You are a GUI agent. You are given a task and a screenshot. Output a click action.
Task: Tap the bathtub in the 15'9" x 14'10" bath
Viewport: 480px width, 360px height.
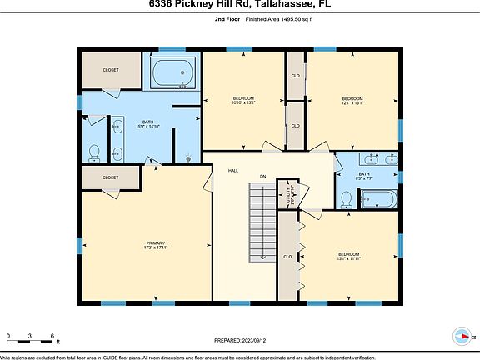174,72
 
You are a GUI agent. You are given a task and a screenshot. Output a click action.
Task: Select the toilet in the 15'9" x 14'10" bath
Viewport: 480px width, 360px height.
95,152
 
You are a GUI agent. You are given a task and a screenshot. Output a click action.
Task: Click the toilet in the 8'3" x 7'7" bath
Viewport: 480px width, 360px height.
347,199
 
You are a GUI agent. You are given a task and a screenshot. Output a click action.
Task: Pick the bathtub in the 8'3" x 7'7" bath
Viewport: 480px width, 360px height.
380,199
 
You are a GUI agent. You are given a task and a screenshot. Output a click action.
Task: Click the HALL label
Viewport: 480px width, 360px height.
233,170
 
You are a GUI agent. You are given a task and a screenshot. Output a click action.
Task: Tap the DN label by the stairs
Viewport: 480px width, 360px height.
262,177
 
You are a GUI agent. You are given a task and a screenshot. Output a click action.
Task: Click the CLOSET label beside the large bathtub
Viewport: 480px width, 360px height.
111,70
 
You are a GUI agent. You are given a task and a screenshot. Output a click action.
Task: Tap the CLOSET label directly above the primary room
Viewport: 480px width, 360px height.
110,177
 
